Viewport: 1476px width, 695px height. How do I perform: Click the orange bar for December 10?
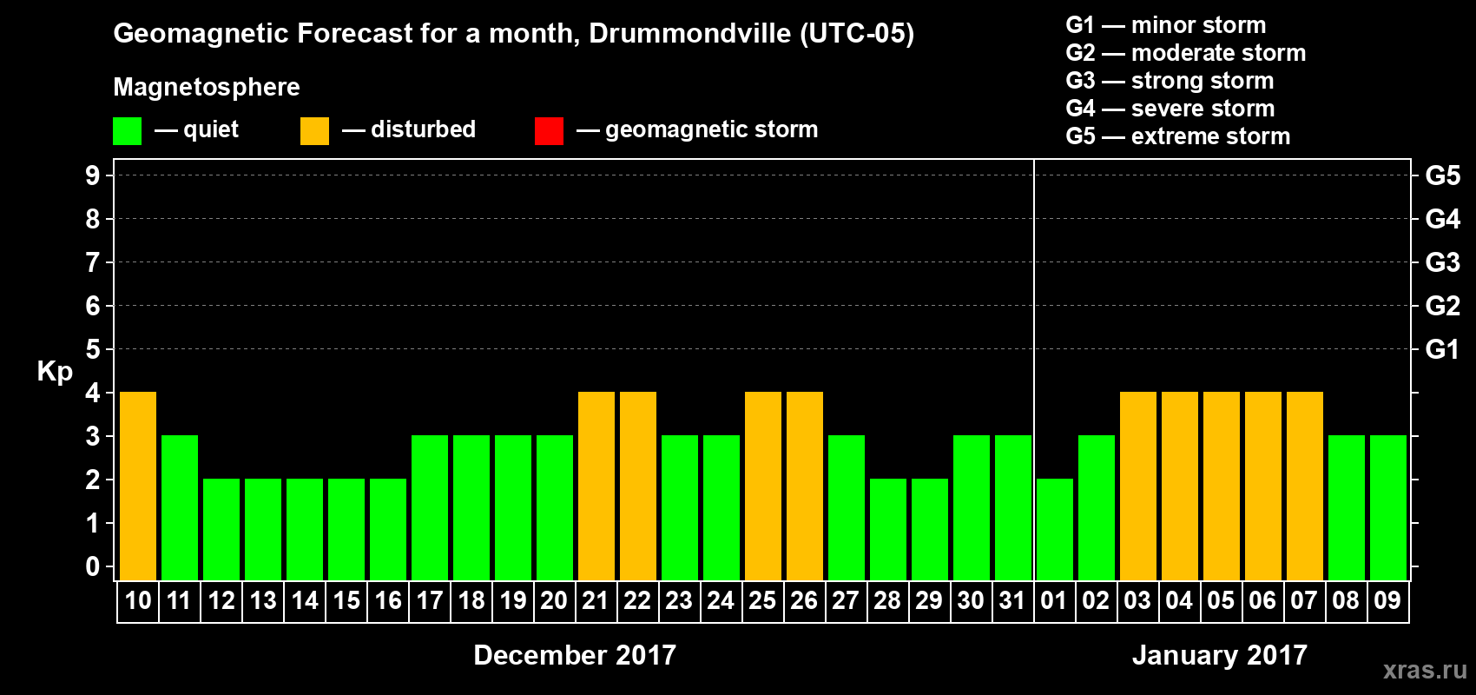point(138,486)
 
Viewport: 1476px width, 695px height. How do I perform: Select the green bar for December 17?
point(430,507)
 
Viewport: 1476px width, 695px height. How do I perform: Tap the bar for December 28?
point(888,529)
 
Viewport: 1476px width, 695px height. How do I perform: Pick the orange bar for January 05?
point(1222,486)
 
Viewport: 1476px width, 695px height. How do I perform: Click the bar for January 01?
point(1055,529)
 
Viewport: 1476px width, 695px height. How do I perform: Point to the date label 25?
point(762,600)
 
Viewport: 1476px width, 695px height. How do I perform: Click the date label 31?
point(1012,600)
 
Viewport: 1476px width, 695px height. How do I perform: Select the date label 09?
point(1387,600)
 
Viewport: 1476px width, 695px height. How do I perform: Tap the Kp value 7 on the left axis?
point(93,262)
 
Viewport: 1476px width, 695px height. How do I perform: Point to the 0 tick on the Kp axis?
point(93,566)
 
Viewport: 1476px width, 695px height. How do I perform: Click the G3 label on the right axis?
point(1442,262)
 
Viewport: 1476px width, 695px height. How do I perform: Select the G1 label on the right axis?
point(1442,349)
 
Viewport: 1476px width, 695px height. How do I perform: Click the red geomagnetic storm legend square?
point(549,131)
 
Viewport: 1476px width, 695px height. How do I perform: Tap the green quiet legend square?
point(128,131)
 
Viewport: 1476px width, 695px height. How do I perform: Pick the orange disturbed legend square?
point(314,131)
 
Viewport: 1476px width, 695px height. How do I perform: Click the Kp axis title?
point(55,371)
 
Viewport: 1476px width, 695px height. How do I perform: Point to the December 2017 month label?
point(575,655)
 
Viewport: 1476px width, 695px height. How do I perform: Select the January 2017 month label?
point(1219,655)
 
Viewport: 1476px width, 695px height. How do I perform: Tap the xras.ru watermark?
point(1425,669)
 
